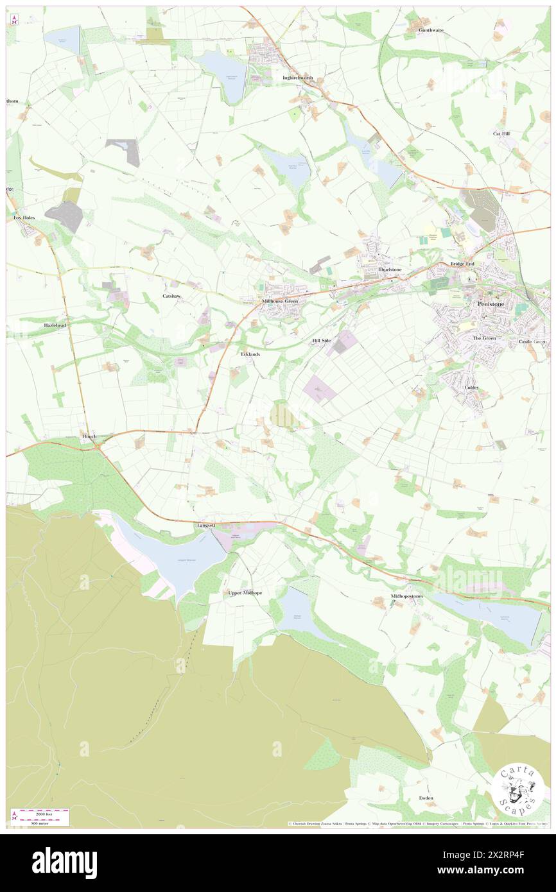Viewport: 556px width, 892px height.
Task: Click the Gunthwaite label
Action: pyautogui.click(x=431, y=30)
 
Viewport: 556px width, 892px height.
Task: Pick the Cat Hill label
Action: pyautogui.click(x=501, y=133)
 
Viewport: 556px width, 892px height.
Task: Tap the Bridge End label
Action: pyautogui.click(x=462, y=264)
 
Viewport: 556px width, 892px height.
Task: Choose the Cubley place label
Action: pyautogui.click(x=472, y=388)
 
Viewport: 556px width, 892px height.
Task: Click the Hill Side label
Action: pyautogui.click(x=321, y=341)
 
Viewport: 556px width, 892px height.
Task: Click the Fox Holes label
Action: pyautogui.click(x=25, y=218)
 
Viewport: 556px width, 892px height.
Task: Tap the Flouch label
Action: pyautogui.click(x=89, y=437)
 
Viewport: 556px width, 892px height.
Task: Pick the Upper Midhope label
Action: pyautogui.click(x=245, y=593)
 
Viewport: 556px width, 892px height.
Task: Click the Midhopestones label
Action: pyautogui.click(x=404, y=596)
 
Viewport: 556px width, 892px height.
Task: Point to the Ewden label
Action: pyautogui.click(x=426, y=798)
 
